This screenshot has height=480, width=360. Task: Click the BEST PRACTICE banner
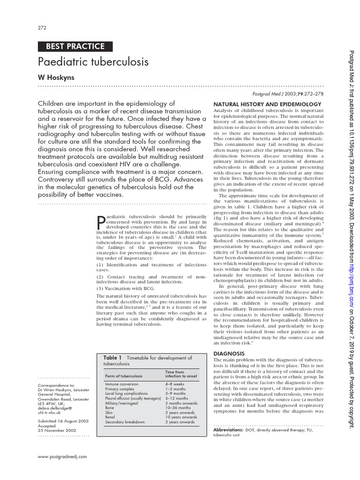click(x=75, y=46)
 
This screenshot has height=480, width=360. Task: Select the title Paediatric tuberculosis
click(x=93, y=62)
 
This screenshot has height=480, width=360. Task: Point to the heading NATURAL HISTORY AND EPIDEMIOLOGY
click(x=267, y=104)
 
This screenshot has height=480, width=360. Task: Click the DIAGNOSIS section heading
click(x=229, y=353)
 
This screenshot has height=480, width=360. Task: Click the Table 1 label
click(x=112, y=358)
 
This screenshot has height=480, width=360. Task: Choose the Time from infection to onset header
click(x=181, y=374)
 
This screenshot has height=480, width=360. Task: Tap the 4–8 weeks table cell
click(x=176, y=384)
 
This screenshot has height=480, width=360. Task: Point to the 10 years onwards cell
click(x=181, y=417)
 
